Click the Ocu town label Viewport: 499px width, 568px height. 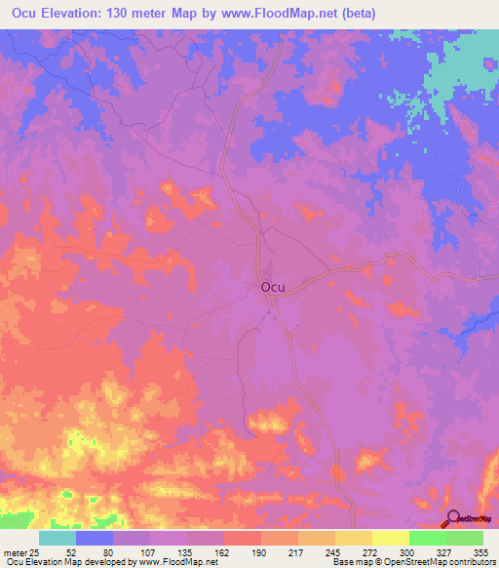click(272, 287)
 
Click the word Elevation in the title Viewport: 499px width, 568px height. click(82, 12)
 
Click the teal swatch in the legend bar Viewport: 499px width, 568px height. click(57, 538)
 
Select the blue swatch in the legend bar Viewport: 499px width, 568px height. click(94, 538)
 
